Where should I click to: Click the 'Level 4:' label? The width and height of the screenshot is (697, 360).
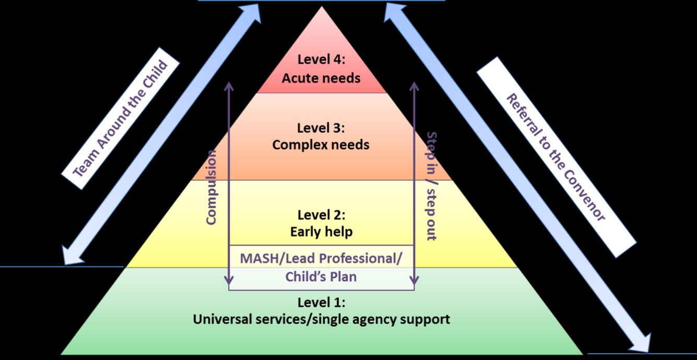click(x=321, y=59)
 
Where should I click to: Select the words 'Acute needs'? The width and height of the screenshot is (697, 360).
click(x=321, y=78)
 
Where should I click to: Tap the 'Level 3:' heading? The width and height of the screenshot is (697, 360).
click(x=321, y=128)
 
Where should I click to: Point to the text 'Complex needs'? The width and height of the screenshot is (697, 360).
click(x=321, y=145)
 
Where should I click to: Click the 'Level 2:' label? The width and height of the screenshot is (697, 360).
click(x=321, y=214)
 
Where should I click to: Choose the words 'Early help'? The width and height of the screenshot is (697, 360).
click(x=321, y=232)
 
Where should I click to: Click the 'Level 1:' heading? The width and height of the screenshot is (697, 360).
click(x=321, y=302)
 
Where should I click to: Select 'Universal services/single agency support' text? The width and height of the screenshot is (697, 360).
click(x=321, y=319)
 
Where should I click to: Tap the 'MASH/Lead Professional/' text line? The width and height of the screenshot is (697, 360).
click(x=321, y=258)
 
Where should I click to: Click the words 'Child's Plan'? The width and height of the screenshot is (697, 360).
click(x=321, y=277)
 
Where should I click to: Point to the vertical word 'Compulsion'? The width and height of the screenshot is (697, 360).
click(x=211, y=187)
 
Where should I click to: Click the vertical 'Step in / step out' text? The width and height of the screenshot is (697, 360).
click(x=432, y=186)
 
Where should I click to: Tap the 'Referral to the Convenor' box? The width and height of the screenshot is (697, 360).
click(x=556, y=157)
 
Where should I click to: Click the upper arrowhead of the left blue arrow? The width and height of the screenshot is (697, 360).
click(x=254, y=11)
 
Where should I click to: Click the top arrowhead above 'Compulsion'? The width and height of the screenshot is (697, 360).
click(x=229, y=85)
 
